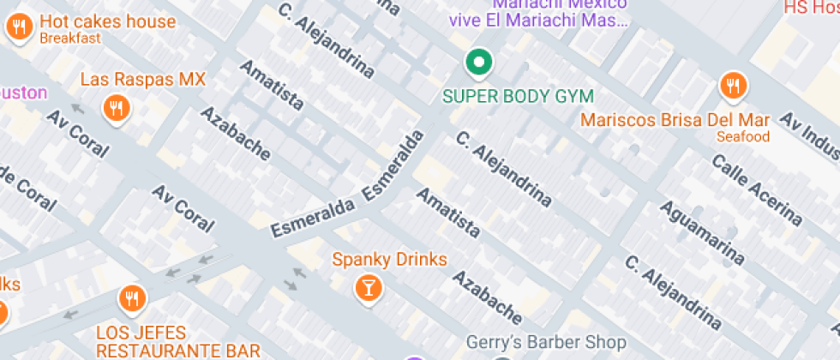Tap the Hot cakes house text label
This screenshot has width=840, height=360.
[x=107, y=22]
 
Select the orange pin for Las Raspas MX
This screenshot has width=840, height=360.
[x=115, y=108]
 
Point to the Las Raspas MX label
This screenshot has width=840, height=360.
[x=142, y=80]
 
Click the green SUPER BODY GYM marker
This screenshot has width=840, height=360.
[x=478, y=62]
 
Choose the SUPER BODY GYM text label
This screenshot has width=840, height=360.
[x=518, y=95]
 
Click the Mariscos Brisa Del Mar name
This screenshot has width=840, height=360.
[x=675, y=120]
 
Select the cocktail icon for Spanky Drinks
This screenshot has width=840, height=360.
[x=368, y=287]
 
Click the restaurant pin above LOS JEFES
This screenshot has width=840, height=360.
[x=131, y=298]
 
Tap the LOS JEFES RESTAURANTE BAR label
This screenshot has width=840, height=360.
[x=178, y=341]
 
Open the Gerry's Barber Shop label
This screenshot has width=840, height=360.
[x=545, y=343]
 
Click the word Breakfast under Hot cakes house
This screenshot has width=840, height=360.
[x=70, y=39]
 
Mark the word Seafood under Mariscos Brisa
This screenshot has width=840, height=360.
[x=744, y=136]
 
